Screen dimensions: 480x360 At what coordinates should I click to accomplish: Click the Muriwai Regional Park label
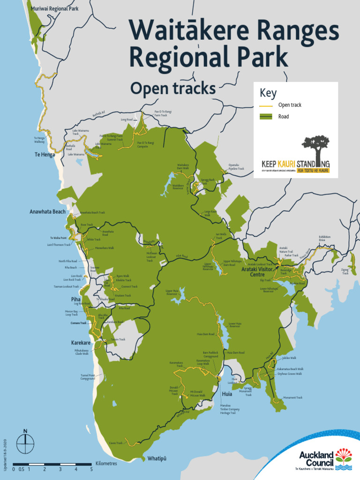tap(54, 8)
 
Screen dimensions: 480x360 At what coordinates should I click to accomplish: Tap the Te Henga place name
tap(45, 155)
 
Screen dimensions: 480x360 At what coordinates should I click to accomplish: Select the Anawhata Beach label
tap(48, 212)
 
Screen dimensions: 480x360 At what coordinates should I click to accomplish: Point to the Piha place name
tap(76, 299)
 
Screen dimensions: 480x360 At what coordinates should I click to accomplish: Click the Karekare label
tap(81, 343)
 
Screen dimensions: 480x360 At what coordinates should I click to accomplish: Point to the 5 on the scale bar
tap(91, 469)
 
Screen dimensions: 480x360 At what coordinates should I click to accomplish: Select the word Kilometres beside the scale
tap(106, 463)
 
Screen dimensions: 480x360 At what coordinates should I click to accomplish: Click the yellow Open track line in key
tap(266, 105)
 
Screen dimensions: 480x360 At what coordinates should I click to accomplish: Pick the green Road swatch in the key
tap(266, 117)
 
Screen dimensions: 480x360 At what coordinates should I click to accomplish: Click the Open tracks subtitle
tap(172, 88)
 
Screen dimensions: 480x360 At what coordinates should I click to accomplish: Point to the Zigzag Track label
tap(345, 271)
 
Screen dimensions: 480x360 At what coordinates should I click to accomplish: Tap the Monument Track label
tap(293, 397)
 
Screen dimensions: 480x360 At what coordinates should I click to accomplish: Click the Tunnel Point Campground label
tap(88, 377)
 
